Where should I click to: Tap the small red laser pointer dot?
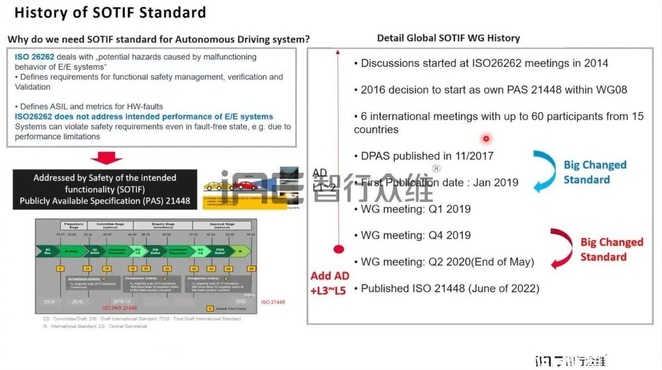pyautogui.click(x=486, y=138)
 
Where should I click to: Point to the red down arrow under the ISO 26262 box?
pyautogui.click(x=106, y=158)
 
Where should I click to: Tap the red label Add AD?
pyautogui.click(x=330, y=276)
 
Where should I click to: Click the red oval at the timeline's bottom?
pyautogui.click(x=339, y=249)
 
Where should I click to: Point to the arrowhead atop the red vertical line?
pyautogui.click(x=338, y=51)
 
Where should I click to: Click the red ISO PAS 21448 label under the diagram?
pyautogui.click(x=119, y=307)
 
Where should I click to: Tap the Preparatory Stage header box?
pyautogui.click(x=74, y=226)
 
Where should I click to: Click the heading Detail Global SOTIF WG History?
pyautogui.click(x=448, y=38)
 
